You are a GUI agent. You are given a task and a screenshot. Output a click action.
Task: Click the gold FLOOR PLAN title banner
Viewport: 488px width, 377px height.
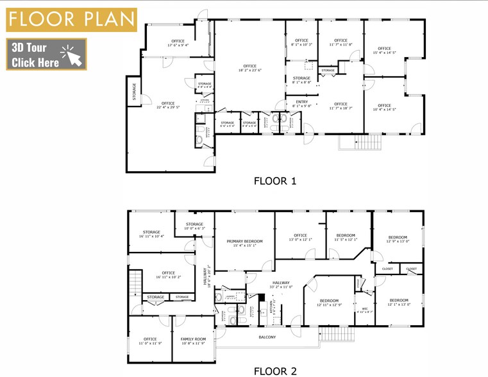click(x=71, y=19)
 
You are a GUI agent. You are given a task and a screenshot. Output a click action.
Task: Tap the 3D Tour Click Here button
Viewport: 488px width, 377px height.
click(x=46, y=54)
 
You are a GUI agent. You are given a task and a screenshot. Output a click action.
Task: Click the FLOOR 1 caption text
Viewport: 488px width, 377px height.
click(x=275, y=181)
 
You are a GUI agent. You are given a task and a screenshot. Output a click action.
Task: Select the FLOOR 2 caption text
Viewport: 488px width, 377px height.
click(x=275, y=370)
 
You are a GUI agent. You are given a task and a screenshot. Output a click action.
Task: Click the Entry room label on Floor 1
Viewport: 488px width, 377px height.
click(x=301, y=103)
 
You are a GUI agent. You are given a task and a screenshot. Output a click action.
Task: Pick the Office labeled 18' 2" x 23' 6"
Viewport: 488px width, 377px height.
click(x=249, y=69)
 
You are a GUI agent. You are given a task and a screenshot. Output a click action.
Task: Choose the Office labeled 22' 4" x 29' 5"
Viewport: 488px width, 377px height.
click(x=168, y=106)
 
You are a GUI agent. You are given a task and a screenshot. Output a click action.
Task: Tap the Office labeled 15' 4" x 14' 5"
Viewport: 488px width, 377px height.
click(x=384, y=51)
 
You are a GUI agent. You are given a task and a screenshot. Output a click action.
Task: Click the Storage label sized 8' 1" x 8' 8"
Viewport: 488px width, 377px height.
click(x=301, y=80)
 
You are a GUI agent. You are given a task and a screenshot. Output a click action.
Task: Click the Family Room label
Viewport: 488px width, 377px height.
click(x=192, y=340)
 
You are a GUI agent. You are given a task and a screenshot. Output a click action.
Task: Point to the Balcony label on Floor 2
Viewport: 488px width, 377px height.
click(x=267, y=337)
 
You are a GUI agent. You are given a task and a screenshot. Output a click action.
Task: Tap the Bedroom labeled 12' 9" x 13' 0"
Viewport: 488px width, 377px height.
click(x=398, y=240)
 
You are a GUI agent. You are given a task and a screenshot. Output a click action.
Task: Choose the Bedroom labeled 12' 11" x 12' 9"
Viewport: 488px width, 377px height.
click(x=329, y=303)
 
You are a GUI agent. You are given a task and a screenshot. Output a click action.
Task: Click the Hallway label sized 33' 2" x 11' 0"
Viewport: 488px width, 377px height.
click(x=281, y=285)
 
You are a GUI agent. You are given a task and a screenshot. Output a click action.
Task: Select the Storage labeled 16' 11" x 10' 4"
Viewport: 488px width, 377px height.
click(x=151, y=234)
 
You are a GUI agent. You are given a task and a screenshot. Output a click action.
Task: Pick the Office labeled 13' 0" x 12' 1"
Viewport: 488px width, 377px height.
click(x=301, y=238)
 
